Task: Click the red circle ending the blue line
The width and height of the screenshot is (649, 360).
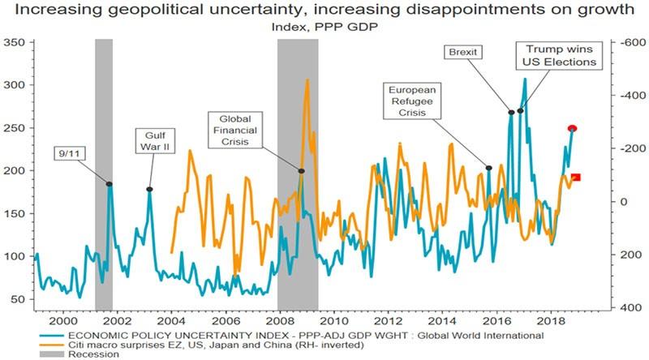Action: tap(572, 129)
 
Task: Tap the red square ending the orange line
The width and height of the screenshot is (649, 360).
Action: tap(576, 177)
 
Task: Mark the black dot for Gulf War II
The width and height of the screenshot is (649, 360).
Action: tap(149, 189)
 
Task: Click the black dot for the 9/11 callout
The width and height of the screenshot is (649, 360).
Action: tap(110, 184)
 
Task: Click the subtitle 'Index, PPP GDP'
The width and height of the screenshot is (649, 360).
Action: tap(324, 26)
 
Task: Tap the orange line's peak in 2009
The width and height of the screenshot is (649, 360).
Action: tap(307, 79)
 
